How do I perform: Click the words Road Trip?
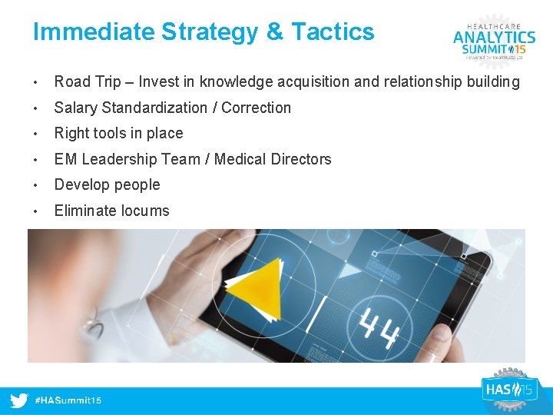pyautogui.click(x=82, y=81)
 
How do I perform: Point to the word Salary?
pyautogui.click(x=75, y=108)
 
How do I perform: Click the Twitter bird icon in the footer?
pyautogui.click(x=20, y=400)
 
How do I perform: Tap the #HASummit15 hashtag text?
pyautogui.click(x=68, y=400)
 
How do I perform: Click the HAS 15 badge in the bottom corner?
pyautogui.click(x=507, y=390)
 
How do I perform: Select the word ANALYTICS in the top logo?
pyautogui.click(x=494, y=37)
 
